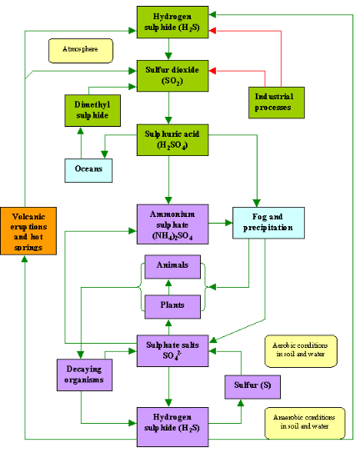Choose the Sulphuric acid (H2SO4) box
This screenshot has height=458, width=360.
[169, 138]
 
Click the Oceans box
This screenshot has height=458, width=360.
[88, 169]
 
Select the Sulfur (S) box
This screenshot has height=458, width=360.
[252, 387]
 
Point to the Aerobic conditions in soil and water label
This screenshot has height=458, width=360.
[302, 351]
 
